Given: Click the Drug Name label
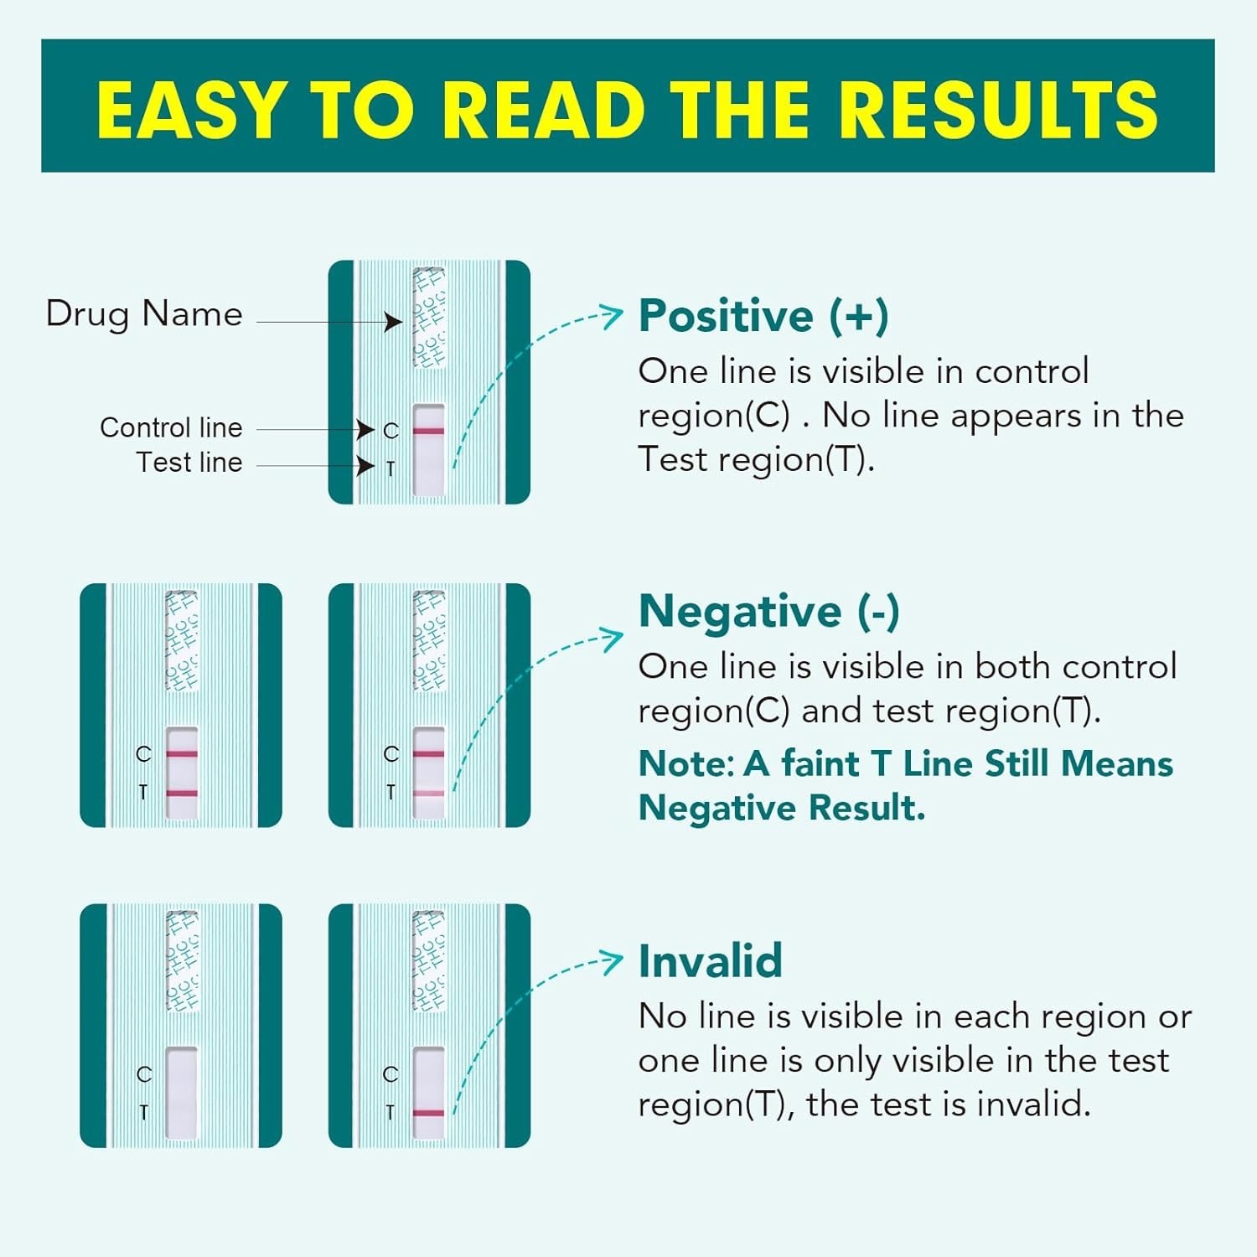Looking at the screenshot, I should pyautogui.click(x=144, y=314).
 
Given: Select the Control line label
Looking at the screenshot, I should pyautogui.click(x=171, y=427).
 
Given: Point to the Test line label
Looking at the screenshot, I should pyautogui.click(x=189, y=463).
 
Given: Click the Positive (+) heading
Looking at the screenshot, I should pyautogui.click(x=763, y=316).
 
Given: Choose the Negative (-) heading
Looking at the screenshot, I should pyautogui.click(x=768, y=611).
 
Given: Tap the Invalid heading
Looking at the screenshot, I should pyautogui.click(x=710, y=960).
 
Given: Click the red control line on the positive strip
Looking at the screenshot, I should pyautogui.click(x=429, y=432).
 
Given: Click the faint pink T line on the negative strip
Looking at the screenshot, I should pyautogui.click(x=429, y=793).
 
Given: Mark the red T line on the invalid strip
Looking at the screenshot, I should pyautogui.click(x=429, y=1113).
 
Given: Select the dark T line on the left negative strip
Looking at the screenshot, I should pyautogui.click(x=182, y=793).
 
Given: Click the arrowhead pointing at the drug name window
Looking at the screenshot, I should pyautogui.click(x=393, y=322).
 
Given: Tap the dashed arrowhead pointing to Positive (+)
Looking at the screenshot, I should pyautogui.click(x=614, y=315).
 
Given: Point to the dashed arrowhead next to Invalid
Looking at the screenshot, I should pyautogui.click(x=614, y=960).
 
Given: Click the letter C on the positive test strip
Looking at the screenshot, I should pyautogui.click(x=391, y=431).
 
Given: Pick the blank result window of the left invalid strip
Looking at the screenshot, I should pyautogui.click(x=182, y=1093).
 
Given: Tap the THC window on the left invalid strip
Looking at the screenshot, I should pyautogui.click(x=182, y=961).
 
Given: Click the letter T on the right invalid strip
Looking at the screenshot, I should pyautogui.click(x=390, y=1112).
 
